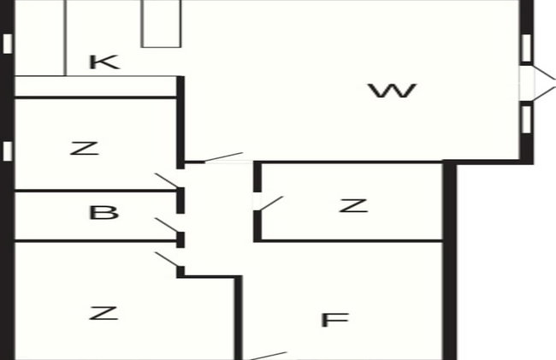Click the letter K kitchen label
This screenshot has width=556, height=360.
coord(104,62)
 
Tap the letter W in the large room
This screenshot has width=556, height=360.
coord(392,91)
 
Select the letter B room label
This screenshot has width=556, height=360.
coord(104,213)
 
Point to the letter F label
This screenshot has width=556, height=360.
coord(334,320)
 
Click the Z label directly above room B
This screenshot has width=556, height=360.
coord(85,149)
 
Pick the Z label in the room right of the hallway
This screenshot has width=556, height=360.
coord(353,205)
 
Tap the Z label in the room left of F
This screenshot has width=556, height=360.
coord(104,313)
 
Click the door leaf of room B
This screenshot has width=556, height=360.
coord(168,226)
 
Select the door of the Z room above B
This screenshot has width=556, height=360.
coord(168,180)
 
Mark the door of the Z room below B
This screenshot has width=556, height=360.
coord(168,259)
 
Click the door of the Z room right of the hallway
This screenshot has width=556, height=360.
coord(271,204)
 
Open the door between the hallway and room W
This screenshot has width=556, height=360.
coord(224,157)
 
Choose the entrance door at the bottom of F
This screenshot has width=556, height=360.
coord(269,356)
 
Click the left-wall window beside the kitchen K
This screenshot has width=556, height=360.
coord(8,44)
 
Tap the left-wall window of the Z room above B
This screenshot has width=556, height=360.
coord(8,151)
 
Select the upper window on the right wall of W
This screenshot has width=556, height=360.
coord(527,48)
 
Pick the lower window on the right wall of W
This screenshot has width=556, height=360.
coord(527,120)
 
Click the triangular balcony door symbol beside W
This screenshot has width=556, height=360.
coord(545,83)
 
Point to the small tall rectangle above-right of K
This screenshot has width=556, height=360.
coord(161,23)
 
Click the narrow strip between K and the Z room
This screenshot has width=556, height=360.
coord(96,86)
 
